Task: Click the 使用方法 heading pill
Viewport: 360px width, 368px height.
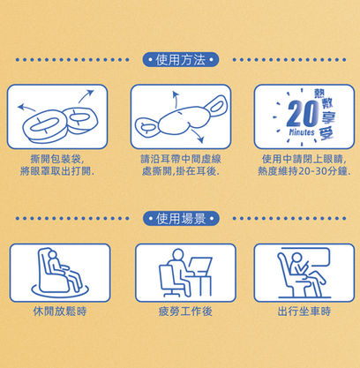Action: pyautogui.click(x=179, y=60)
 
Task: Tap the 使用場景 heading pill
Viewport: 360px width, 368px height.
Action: pyautogui.click(x=179, y=219)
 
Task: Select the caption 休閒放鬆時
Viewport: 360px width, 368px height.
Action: pyautogui.click(x=59, y=311)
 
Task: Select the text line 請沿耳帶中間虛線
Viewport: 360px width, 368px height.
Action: pyautogui.click(x=180, y=159)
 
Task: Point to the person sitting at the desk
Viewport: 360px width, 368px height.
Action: pyautogui.click(x=171, y=269)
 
